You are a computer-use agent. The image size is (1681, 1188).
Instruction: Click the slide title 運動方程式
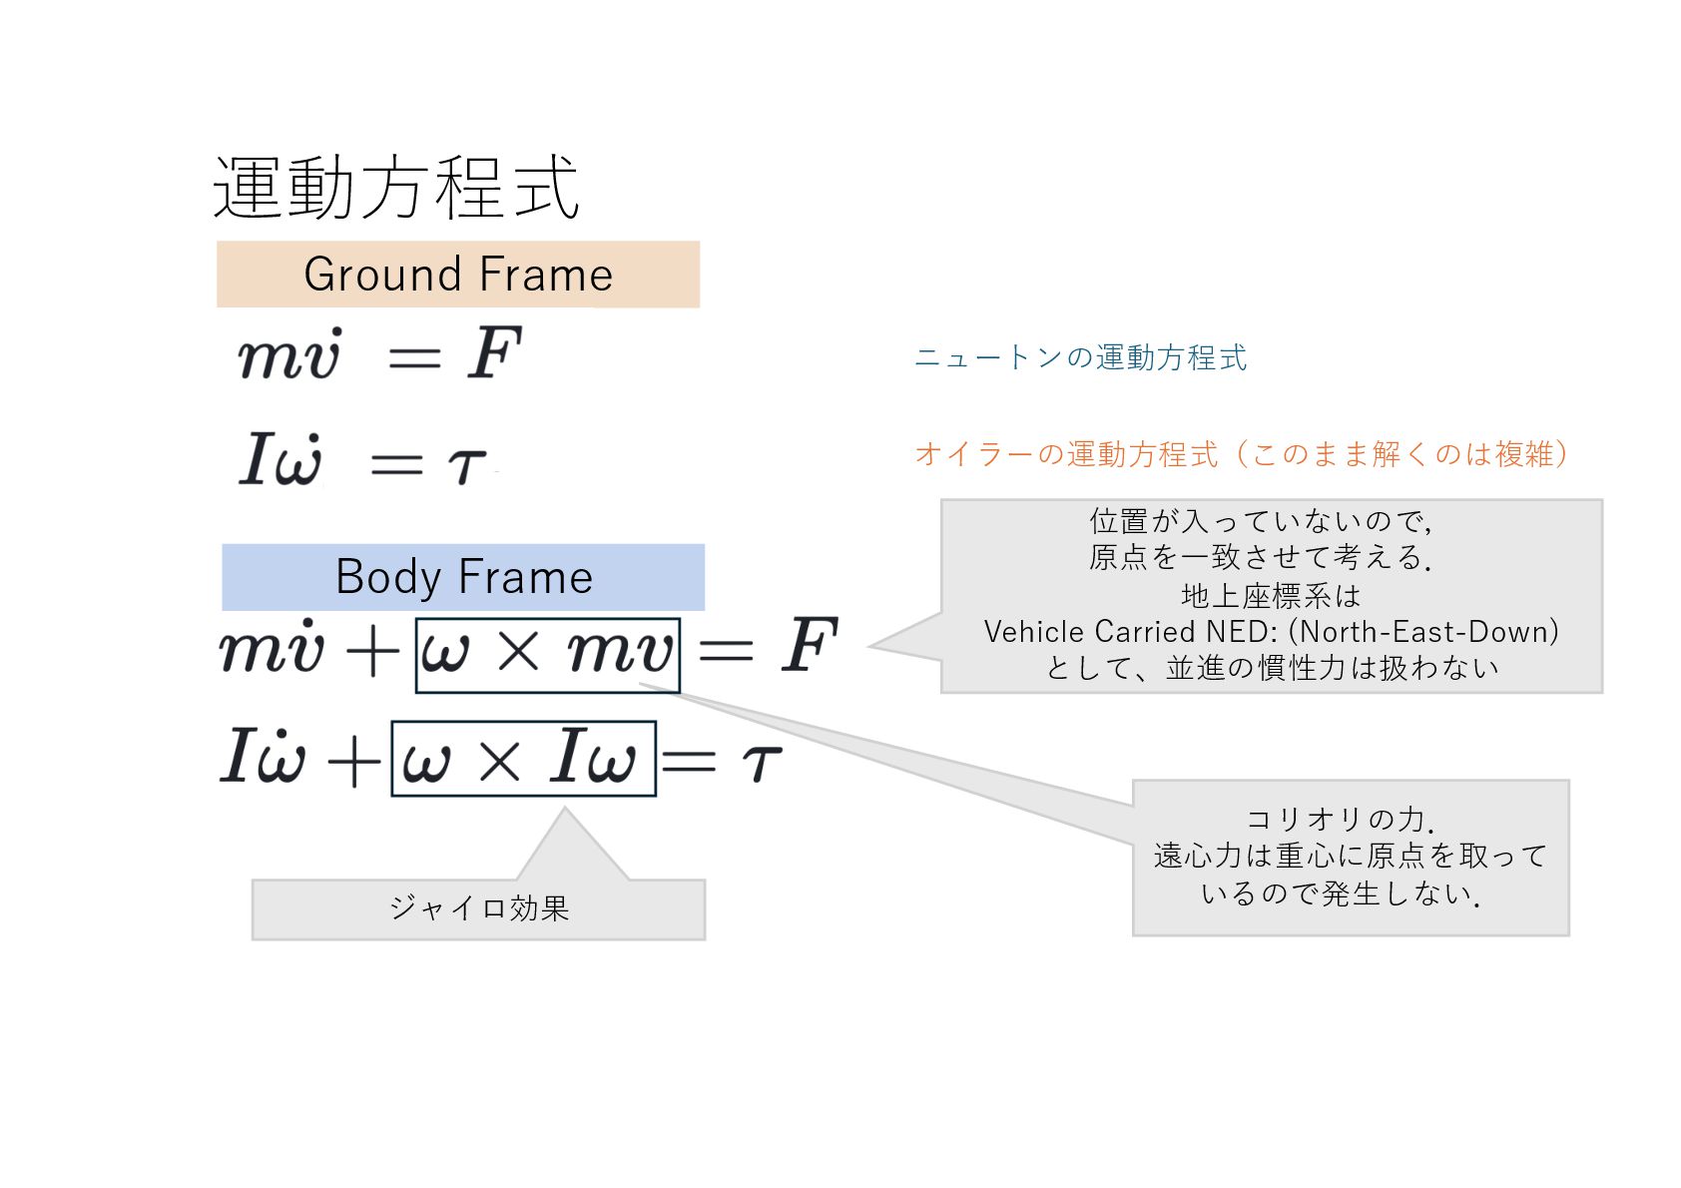396,188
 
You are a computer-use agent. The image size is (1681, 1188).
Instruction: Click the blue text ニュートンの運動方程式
1080,357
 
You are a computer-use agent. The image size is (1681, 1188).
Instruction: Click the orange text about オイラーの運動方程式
1241,454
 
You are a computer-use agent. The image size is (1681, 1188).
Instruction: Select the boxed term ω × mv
547,655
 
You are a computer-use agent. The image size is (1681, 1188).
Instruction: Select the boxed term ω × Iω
523,759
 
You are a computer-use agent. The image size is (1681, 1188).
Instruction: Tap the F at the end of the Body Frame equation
809,646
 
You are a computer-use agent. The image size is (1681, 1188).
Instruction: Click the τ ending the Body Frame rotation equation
761,763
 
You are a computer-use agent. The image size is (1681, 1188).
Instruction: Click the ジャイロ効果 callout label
479,908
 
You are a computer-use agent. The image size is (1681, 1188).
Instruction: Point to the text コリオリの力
1340,820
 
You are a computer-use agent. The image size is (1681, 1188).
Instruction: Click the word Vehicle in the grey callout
1034,632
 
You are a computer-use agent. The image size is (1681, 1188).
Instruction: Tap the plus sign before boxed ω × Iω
354,762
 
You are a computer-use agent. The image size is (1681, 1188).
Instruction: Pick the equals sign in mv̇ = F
414,356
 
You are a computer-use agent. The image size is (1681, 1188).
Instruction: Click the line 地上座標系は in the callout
1271,596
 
